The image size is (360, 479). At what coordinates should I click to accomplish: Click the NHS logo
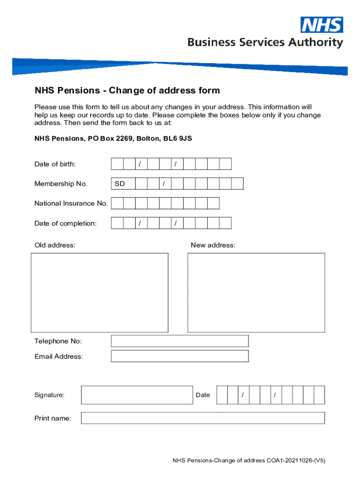[x=321, y=25]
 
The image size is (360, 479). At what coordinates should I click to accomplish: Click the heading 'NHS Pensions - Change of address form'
[x=127, y=90]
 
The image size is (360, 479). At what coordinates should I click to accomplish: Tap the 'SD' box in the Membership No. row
[x=123, y=184]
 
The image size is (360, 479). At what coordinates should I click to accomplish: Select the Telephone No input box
[x=180, y=341]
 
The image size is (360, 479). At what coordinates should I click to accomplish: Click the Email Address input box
[x=180, y=356]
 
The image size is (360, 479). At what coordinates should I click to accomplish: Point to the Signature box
[x=137, y=395]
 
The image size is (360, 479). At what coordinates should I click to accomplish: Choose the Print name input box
[x=202, y=418]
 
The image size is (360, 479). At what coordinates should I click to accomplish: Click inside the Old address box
[x=99, y=292]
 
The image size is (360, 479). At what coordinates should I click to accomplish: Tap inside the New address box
[x=256, y=292]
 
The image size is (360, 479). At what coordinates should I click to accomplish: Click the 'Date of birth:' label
[x=55, y=164]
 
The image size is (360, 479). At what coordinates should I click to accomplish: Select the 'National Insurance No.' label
[x=71, y=203]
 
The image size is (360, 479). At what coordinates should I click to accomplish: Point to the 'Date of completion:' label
[x=65, y=224]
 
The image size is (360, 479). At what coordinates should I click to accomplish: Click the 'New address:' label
[x=213, y=246]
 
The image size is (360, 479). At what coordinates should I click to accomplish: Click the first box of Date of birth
[x=117, y=164]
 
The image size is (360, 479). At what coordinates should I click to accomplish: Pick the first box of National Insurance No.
[x=117, y=203]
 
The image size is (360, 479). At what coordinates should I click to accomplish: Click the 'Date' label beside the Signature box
[x=203, y=395]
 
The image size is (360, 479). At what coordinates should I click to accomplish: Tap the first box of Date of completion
[x=117, y=224]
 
